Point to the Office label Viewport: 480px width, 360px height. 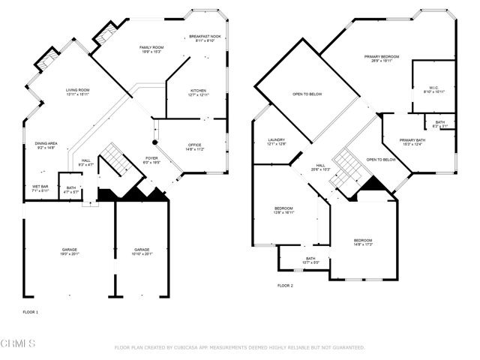[194, 146]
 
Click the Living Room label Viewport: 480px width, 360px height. [77, 91]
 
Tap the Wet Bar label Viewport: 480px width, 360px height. [40, 188]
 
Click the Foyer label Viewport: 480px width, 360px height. [151, 160]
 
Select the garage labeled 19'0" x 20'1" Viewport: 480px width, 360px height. [70, 251]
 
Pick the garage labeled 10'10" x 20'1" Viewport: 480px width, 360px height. [142, 251]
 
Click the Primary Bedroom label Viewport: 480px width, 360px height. [382, 58]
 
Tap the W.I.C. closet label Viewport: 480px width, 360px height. [429, 88]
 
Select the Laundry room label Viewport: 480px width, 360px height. [276, 142]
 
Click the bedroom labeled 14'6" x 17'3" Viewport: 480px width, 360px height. [363, 242]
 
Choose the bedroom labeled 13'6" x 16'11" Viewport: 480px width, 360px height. [283, 210]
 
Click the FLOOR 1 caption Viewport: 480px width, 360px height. [31, 310]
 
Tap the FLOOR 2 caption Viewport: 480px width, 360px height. [285, 286]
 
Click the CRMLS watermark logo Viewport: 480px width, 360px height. [18, 343]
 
